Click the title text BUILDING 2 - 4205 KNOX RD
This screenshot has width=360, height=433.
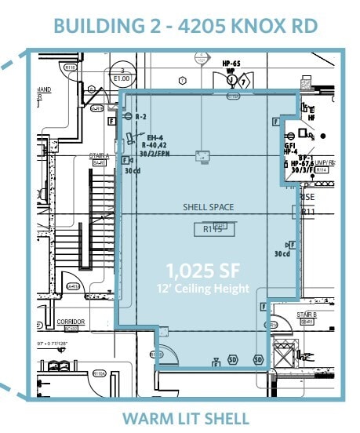(x=186, y=25)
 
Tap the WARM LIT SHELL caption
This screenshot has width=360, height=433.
(x=185, y=418)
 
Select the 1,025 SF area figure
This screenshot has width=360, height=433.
(x=202, y=272)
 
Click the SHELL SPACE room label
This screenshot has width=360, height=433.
(x=209, y=207)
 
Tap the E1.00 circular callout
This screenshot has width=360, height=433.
(x=122, y=76)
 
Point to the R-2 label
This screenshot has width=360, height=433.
(x=142, y=116)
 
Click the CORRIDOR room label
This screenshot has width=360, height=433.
(x=71, y=322)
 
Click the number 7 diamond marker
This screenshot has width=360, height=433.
(x=243, y=82)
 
